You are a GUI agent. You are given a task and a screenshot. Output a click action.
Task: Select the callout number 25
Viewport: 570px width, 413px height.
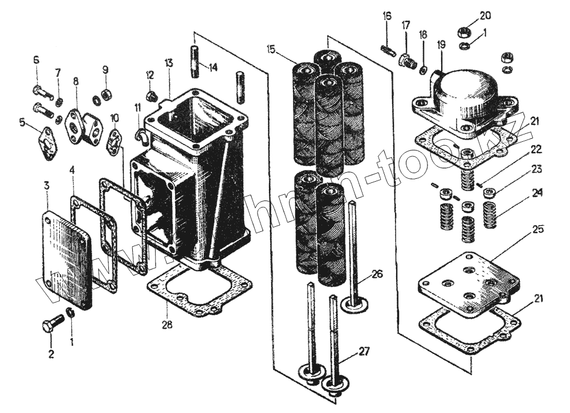[538, 230]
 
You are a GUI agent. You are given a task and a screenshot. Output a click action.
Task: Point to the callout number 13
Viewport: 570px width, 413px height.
[169, 62]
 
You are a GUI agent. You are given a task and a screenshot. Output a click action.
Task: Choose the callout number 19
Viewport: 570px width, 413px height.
[442, 44]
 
